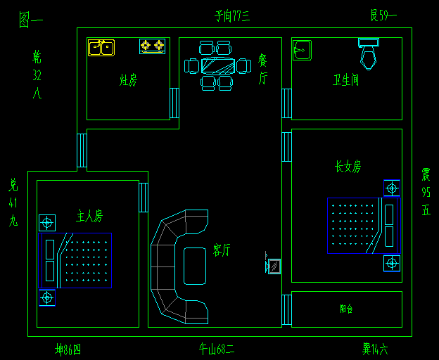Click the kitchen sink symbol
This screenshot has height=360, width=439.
101,47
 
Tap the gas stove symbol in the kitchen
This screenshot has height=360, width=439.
152,46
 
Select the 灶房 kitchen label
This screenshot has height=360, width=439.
128,80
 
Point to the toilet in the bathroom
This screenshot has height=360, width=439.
369,53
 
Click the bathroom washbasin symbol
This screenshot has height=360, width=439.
303,50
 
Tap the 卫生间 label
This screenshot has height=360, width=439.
345,80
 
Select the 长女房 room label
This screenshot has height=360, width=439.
348,167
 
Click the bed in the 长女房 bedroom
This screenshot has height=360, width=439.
359,225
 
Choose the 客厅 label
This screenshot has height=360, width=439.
222,250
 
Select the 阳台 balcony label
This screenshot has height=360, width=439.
345,309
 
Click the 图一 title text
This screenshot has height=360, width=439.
30,20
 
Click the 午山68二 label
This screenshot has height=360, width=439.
217,348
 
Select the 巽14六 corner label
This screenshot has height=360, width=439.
375,348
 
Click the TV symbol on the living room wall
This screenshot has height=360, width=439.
274,266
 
